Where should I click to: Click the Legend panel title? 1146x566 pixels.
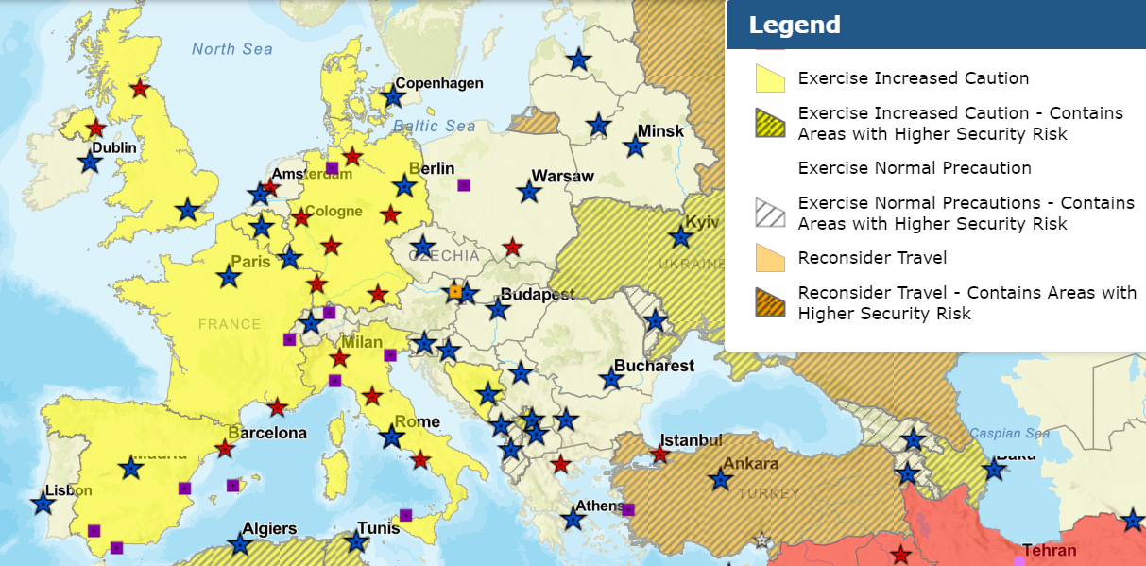point(795,25)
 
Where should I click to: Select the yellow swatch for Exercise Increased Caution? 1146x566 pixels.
point(771,78)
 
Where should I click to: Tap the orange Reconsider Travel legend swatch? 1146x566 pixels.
point(771,258)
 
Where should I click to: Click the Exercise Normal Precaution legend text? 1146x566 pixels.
point(914,168)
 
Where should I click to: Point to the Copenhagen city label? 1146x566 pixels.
point(438,83)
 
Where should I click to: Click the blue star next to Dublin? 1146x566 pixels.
point(90,162)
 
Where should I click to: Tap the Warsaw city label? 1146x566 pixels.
point(562,176)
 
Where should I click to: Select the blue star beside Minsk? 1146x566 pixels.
point(635,146)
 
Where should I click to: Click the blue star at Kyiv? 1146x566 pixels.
point(679,237)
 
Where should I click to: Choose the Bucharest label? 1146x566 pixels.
point(654,366)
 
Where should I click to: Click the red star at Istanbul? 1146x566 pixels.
point(659,455)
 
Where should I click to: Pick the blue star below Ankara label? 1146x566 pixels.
point(721,480)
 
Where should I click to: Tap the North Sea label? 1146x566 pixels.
point(231,49)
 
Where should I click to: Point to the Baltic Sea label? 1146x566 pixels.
point(434,126)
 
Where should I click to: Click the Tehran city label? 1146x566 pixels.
point(1049,550)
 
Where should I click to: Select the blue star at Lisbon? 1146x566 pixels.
point(43,504)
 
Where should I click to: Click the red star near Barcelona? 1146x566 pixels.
point(225,449)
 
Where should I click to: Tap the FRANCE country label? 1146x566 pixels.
point(229,324)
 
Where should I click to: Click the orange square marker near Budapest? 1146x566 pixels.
point(455,292)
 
